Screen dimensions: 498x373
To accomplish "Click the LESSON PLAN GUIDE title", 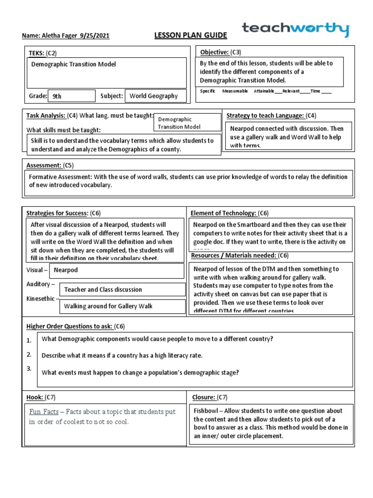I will pyautogui.click(x=183, y=36).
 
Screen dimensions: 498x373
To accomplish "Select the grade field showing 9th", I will pyautogui.click(x=71, y=96).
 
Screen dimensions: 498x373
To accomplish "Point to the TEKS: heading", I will pyautogui.click(x=37, y=53).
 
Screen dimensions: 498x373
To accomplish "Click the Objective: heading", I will pyautogui.click(x=214, y=52).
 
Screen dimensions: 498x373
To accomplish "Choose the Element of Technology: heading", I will pyautogui.click(x=223, y=213).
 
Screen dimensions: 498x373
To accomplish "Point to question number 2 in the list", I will pyautogui.click(x=30, y=354).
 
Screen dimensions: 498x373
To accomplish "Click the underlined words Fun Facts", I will pyautogui.click(x=44, y=411).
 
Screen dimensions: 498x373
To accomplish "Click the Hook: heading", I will pyautogui.click(x=34, y=397).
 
